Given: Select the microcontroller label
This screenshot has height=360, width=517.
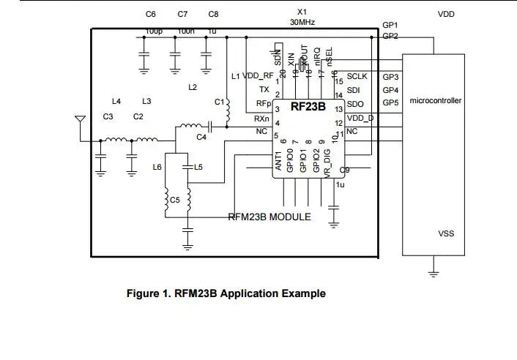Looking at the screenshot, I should [436, 100].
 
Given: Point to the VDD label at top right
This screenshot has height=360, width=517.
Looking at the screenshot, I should [446, 14].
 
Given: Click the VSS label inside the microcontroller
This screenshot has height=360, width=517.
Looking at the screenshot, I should [446, 233].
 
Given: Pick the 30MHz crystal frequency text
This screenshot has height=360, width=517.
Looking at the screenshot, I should [302, 23].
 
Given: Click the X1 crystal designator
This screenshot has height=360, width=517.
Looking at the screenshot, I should [302, 12].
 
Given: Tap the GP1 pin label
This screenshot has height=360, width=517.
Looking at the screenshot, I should [390, 25].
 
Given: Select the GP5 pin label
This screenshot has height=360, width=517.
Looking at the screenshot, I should [390, 103].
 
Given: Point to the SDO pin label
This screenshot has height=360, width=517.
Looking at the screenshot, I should [355, 105].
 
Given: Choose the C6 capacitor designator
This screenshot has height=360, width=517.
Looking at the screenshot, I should [151, 14].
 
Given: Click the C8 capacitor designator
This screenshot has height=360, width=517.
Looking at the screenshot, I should [213, 14].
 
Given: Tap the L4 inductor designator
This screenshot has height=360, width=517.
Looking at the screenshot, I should [116, 101].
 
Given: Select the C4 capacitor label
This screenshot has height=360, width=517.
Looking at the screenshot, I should [201, 137].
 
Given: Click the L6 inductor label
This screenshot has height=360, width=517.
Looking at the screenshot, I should [157, 168].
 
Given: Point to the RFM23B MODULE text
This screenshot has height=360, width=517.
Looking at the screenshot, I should [269, 217].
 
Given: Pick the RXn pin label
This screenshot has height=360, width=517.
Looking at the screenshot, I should [261, 119].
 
